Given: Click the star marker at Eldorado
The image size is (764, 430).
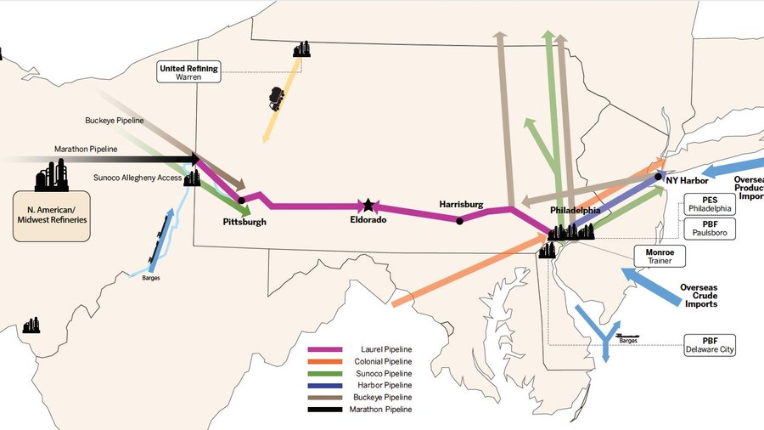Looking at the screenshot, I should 368,206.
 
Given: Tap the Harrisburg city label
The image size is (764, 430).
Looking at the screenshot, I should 461,205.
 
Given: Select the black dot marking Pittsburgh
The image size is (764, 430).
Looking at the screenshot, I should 242,201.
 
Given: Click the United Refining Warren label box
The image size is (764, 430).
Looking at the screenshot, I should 188,72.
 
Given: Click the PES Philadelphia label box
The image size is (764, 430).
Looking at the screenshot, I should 706,205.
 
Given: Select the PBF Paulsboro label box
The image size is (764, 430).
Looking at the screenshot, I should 706,228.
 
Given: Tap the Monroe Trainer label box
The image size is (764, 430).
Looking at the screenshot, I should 659,256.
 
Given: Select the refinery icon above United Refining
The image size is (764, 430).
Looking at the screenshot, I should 301,49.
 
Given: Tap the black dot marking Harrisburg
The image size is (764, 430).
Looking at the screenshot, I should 459,221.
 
